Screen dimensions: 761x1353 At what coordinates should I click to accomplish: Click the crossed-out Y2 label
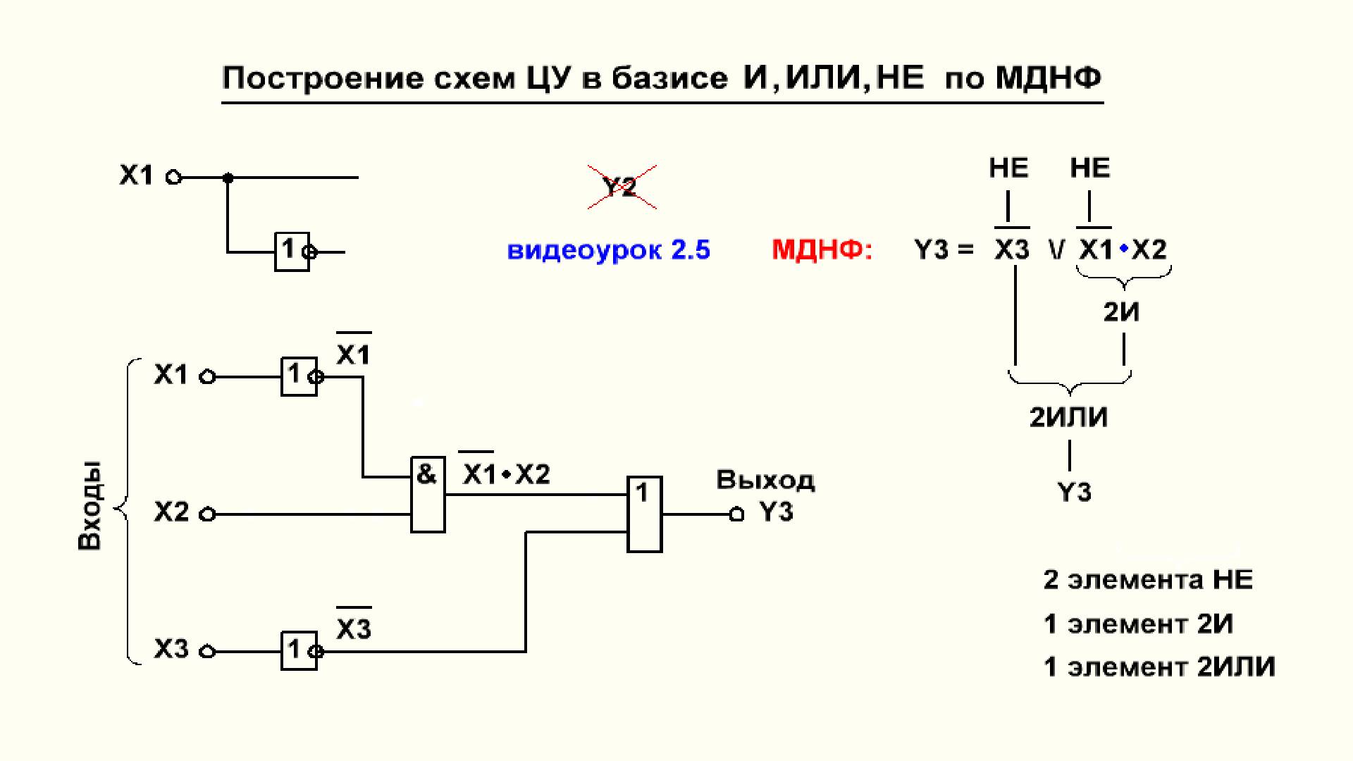tap(620, 187)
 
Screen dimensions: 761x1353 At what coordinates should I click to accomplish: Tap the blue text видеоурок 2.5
tap(609, 250)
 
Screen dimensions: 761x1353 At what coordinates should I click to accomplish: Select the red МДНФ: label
tap(822, 249)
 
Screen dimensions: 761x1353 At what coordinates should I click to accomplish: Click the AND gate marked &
tap(428, 494)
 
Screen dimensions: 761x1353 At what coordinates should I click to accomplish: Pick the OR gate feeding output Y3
tap(645, 513)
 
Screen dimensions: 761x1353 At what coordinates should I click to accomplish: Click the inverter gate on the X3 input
tap(299, 650)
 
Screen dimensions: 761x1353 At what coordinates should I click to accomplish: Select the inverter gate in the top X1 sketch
tap(292, 251)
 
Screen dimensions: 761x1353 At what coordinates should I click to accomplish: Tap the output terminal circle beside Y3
tap(736, 514)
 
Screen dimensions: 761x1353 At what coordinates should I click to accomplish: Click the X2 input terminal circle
tap(207, 514)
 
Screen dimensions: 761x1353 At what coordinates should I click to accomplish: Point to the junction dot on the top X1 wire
tap(228, 178)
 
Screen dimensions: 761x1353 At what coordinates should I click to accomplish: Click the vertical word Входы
tap(90, 505)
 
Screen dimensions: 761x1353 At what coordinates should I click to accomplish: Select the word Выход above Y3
tap(765, 481)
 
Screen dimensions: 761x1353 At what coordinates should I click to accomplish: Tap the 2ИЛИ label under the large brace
tap(1068, 418)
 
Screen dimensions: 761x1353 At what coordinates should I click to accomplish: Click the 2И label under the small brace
tap(1121, 311)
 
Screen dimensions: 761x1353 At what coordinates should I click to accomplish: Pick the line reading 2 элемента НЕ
tap(1148, 580)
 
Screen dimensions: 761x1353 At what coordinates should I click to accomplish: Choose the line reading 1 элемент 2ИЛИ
tap(1159, 667)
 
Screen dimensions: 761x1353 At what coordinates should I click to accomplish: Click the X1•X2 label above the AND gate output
tap(506, 474)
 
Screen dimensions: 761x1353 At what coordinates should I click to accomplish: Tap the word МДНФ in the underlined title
tap(1048, 78)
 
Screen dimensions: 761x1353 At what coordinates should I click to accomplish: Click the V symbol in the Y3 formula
tap(1055, 249)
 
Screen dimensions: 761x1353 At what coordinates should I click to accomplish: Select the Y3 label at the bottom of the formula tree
tap(1075, 492)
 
